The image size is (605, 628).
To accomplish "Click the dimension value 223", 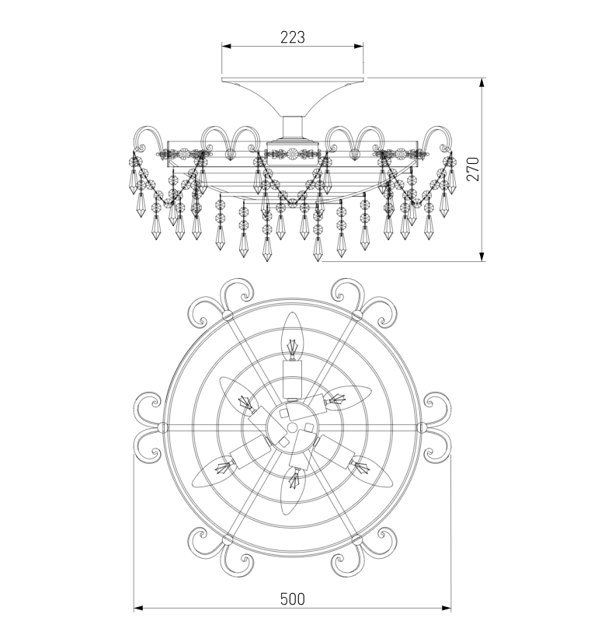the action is [x=293, y=37].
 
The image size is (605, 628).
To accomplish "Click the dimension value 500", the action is [x=293, y=599].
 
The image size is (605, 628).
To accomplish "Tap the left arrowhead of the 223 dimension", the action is [x=227, y=46].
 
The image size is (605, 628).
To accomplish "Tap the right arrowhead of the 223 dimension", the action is [x=359, y=46].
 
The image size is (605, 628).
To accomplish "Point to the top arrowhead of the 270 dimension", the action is [x=482, y=82].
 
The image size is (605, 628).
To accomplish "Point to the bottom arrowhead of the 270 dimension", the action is [x=482, y=256].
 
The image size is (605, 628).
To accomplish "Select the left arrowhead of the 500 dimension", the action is [x=138, y=609].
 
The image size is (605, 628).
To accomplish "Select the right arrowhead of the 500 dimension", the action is [x=446, y=609].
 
